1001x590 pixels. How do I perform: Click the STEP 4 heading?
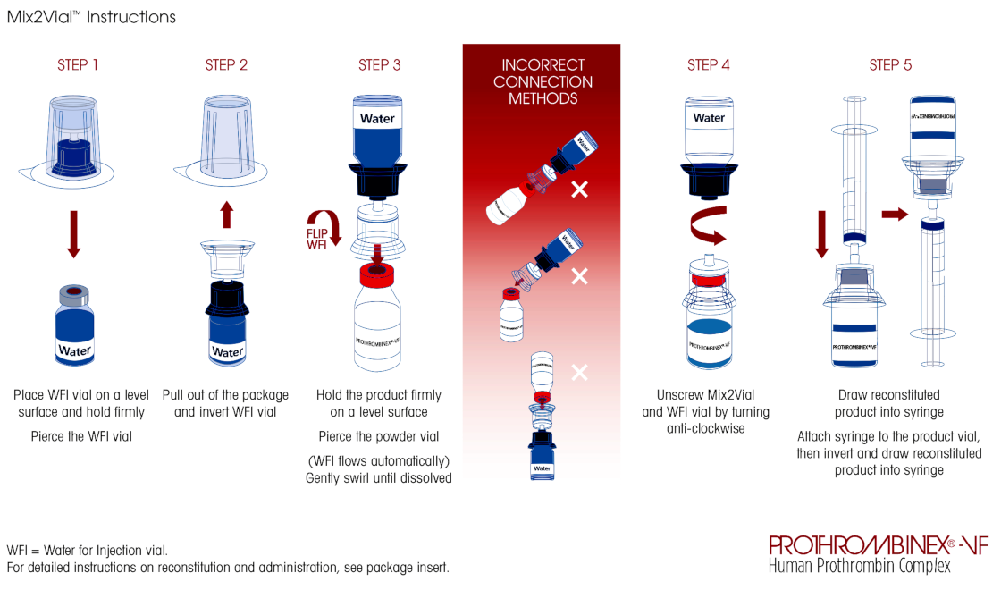(709, 65)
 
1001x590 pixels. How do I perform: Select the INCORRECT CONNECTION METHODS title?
(543, 81)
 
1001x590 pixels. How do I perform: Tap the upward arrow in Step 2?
(227, 214)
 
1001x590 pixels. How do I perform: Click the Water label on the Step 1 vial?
(74, 350)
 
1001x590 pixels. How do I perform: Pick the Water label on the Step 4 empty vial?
(709, 117)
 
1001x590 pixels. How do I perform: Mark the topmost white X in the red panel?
(580, 189)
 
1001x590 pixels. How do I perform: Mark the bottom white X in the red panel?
(580, 371)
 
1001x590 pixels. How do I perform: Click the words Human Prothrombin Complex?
(859, 565)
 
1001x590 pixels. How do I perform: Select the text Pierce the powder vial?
(379, 436)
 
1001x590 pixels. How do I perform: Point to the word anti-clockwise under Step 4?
(705, 428)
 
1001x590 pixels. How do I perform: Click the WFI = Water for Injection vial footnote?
(87, 550)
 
